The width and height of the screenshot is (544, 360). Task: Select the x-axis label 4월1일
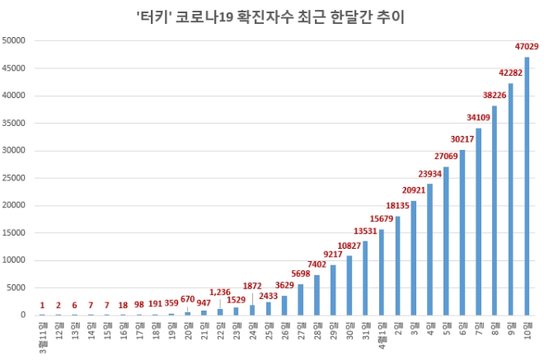click(x=381, y=334)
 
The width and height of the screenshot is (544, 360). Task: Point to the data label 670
click(x=187, y=299)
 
